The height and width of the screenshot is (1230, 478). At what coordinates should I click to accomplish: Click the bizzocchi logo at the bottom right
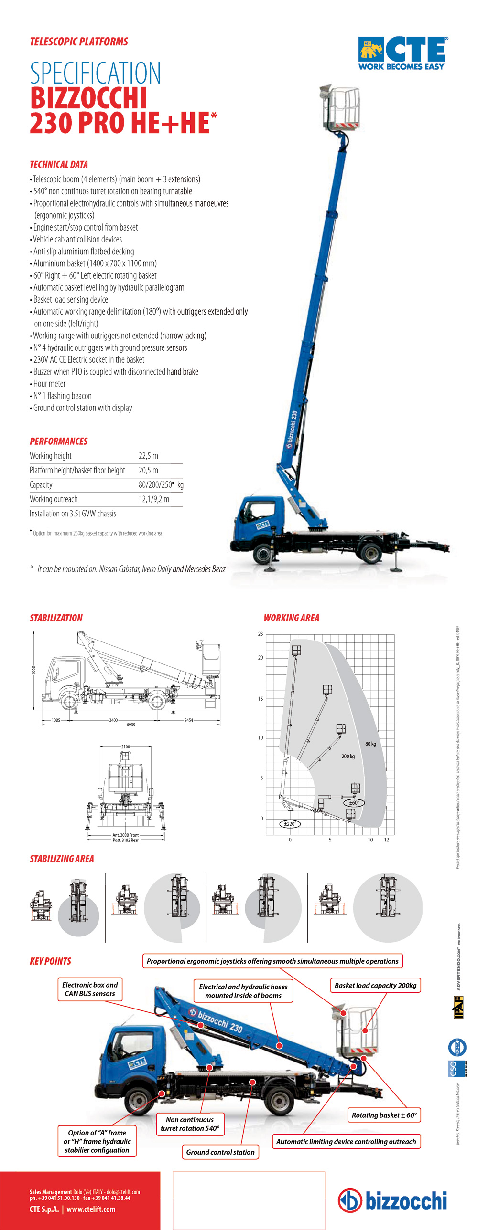coord(393,1200)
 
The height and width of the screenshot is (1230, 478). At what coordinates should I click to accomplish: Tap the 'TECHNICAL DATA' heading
coord(59,165)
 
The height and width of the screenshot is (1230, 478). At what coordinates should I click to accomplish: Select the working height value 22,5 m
coord(148,456)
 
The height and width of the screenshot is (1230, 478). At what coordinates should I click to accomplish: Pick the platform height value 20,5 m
coord(148,470)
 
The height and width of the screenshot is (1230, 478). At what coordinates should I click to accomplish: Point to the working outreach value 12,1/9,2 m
coord(154,499)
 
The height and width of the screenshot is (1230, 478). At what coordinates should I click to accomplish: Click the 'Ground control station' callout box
coord(220,1152)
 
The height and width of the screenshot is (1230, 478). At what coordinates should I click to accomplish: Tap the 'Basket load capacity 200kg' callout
coord(375,986)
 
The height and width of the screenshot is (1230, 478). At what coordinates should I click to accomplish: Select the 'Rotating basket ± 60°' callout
coord(384,1115)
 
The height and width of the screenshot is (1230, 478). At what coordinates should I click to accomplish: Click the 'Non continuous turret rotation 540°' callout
coord(190,1124)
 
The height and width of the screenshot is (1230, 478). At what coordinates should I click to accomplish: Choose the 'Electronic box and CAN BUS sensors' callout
coord(90,989)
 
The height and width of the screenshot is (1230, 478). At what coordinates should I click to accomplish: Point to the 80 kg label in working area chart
coord(370,744)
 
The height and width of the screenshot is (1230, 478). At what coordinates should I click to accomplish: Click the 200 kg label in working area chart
coord(348,757)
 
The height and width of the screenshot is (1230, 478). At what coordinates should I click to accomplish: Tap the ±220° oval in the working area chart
coord(290,824)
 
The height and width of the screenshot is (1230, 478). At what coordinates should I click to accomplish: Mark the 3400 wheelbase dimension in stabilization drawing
coord(113,720)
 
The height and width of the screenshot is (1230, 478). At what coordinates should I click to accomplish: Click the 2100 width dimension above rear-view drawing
coord(125,747)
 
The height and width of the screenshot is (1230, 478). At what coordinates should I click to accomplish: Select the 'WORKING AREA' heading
coord(291,618)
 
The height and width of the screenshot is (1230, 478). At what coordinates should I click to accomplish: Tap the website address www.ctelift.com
coord(91,1209)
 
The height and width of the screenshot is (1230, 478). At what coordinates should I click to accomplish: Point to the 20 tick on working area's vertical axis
coord(261,658)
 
